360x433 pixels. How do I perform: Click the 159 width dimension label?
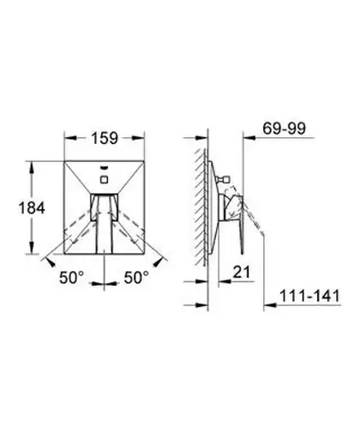click(x=105, y=138)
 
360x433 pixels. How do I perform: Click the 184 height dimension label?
click(x=32, y=207)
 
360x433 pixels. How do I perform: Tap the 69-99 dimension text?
click(x=284, y=129)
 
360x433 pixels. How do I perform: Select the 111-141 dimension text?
click(x=309, y=296)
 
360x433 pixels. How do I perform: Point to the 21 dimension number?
click(x=242, y=272)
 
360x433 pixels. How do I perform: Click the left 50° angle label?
click(x=72, y=277)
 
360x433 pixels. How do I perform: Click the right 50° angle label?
click(x=136, y=277)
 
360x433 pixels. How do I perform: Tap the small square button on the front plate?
click(x=104, y=179)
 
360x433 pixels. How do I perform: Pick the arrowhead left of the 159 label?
click(x=70, y=138)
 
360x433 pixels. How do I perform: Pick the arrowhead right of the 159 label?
click(x=138, y=138)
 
